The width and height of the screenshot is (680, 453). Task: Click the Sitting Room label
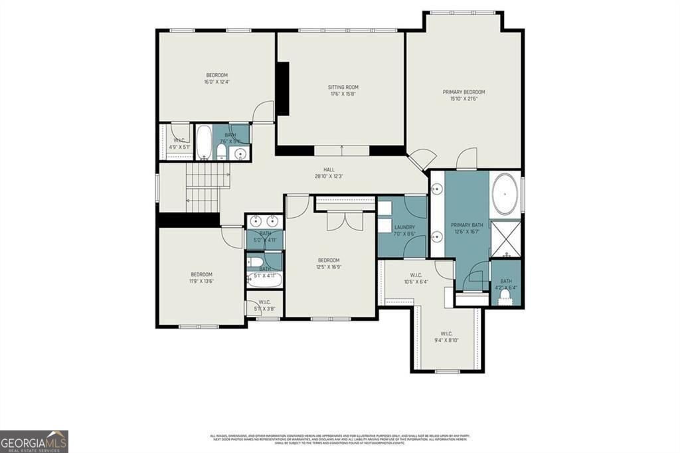pyautogui.click(x=343, y=88)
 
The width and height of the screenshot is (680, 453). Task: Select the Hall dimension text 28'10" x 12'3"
pyautogui.click(x=329, y=177)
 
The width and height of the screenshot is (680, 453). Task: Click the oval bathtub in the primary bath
pyautogui.click(x=505, y=195)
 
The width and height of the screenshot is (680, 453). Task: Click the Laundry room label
pyautogui.click(x=404, y=227)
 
